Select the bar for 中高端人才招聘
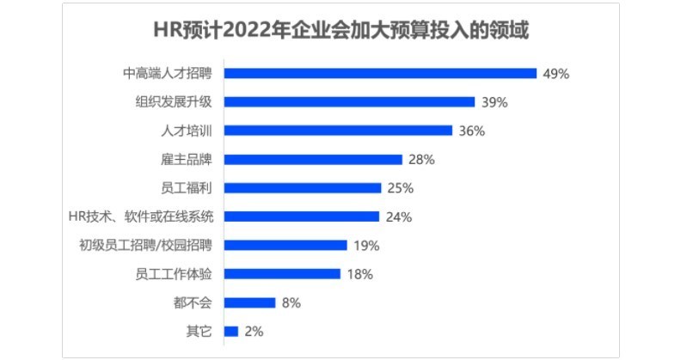[380, 73]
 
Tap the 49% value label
[556, 74]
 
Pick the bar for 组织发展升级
[349, 101]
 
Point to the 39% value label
[494, 102]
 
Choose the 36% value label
[472, 131]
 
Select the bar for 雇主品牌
[313, 159]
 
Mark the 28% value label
[422, 160]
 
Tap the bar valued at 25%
[303, 187]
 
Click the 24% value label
[399, 217]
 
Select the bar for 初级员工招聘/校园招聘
[285, 245]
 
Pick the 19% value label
[366, 246]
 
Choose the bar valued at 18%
[282, 274]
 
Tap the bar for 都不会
[249, 302]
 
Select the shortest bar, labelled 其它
[231, 331]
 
